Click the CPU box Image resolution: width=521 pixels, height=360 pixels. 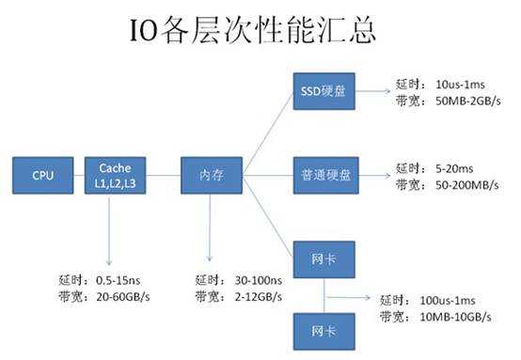tap(42, 174)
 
